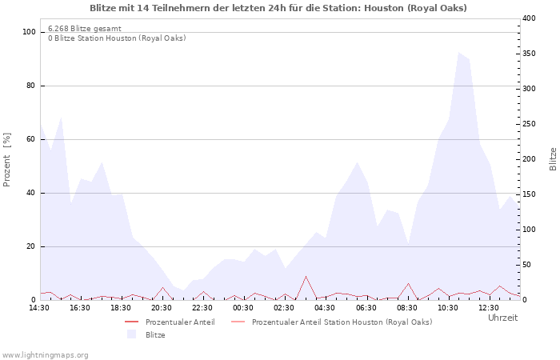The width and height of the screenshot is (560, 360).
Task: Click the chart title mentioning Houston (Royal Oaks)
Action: tap(278, 8)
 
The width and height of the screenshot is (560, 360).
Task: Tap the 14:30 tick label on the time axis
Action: tap(40, 307)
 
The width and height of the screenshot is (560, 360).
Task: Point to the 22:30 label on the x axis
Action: tap(203, 307)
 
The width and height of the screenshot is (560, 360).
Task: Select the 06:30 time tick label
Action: tap(366, 307)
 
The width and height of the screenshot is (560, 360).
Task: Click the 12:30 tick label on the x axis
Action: tap(489, 307)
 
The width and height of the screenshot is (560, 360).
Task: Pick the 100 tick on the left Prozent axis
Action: tap(30, 32)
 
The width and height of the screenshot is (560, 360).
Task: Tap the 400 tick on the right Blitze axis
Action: tap(529, 18)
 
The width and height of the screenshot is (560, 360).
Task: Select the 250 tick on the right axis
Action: tap(529, 124)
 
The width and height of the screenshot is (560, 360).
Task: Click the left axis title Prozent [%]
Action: tap(7, 159)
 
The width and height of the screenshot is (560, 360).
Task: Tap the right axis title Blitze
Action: tap(553, 158)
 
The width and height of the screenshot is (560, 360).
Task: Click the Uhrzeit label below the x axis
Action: tap(502, 318)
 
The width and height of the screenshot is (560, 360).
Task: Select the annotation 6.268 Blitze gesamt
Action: tap(85, 28)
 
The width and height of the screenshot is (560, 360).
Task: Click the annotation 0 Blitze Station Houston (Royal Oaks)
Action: tap(117, 38)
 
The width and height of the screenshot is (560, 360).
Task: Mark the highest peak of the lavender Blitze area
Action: tap(459, 53)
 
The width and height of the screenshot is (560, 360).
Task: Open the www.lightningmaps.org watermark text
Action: tap(45, 354)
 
